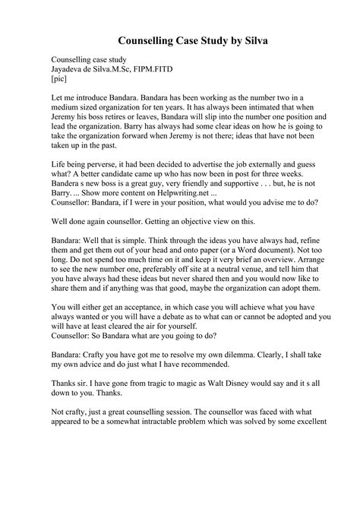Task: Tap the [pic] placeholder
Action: click(x=61, y=78)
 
